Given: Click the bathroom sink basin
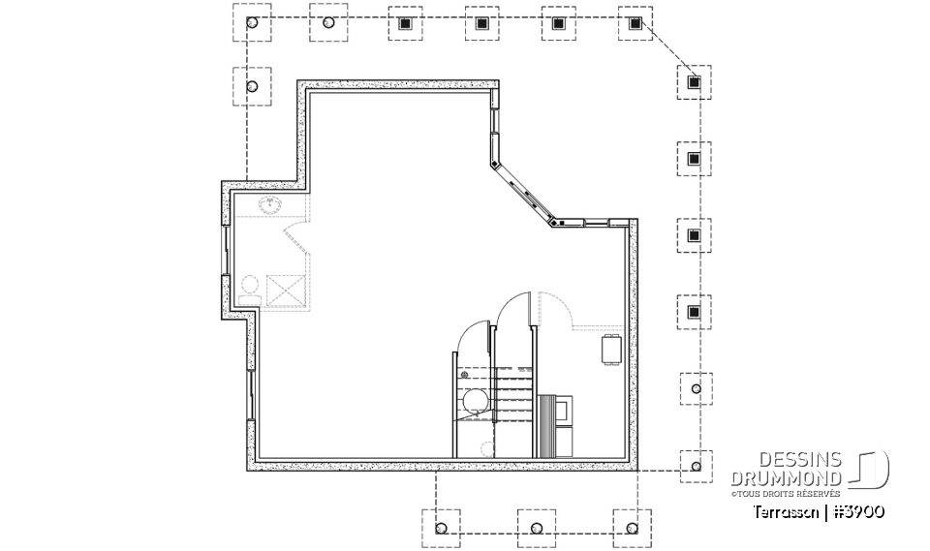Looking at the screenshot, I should [x=270, y=204].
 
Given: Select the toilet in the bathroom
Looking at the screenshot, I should [x=249, y=287].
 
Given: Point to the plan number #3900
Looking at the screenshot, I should [x=857, y=510].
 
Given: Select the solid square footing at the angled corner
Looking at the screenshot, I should [x=694, y=82].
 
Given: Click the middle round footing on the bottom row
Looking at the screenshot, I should [x=536, y=529].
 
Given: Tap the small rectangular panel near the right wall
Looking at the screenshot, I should [x=611, y=351].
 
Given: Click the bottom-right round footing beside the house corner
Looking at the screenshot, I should [x=694, y=468].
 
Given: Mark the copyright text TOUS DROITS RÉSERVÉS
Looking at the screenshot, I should [x=786, y=494].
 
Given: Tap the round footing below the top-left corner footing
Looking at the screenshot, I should [x=252, y=87].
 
